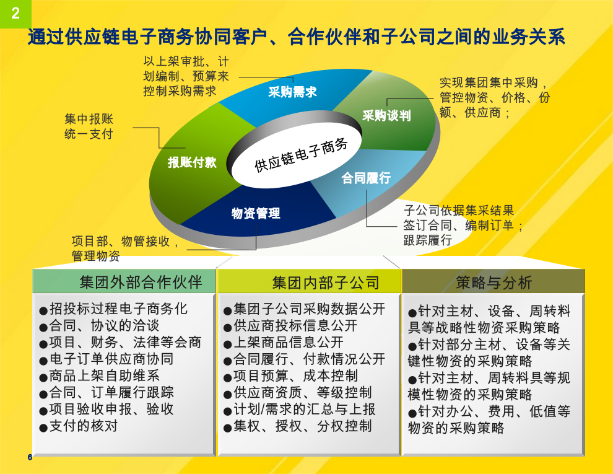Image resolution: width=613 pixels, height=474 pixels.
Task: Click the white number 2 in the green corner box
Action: pos(15,13)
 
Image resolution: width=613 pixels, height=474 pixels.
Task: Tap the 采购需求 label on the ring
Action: pos(292,92)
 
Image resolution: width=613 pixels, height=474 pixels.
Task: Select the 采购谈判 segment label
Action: pos(386,115)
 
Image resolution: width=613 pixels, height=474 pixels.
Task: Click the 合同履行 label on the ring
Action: pos(366,178)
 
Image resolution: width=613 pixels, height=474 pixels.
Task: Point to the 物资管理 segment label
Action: pos(256,213)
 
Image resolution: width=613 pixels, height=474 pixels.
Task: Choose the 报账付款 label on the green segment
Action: pos(192,162)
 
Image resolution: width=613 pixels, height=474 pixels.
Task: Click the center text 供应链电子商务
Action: pos(301,155)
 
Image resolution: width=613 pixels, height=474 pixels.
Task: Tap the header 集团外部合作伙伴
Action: pos(141,282)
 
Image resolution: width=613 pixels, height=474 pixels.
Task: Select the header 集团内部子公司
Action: pos(326,283)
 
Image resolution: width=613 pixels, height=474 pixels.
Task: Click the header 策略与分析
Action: pos(493,283)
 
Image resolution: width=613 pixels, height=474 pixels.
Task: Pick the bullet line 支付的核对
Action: pos(79,426)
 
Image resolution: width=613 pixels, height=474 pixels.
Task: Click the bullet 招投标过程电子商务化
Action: pos(114,309)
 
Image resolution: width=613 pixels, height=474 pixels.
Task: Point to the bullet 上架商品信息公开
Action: pos(284,343)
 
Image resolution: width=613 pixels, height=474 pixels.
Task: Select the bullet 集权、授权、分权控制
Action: pos(297,426)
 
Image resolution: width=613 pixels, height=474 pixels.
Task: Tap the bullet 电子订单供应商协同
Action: pos(107,359)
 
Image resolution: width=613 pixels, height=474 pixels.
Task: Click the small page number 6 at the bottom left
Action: pos(30,457)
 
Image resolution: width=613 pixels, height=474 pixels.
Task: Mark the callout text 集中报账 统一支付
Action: pos(89,126)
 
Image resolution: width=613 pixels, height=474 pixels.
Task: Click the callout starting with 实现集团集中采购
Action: pos(494,98)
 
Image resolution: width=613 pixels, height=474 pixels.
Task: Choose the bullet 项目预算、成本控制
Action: pos(290,376)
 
